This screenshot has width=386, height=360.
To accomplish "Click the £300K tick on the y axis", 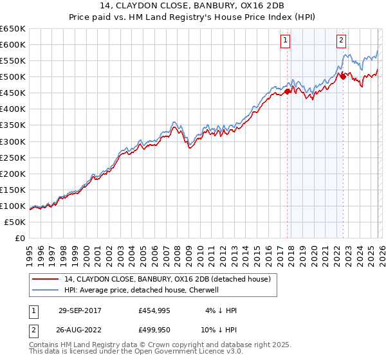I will pyautogui.click(x=13, y=141).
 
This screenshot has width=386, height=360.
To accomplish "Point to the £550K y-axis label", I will pyautogui.click(x=13, y=60).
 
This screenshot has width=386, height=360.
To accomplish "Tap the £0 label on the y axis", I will pyautogui.click(x=20, y=238).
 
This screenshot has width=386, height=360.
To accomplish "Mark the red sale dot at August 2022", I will pyautogui.click(x=343, y=76).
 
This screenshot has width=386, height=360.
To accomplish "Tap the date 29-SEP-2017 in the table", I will pyautogui.click(x=80, y=310).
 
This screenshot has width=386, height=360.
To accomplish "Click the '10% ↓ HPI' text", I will pyautogui.click(x=218, y=328).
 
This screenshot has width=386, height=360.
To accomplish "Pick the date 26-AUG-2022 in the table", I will pyautogui.click(x=80, y=328).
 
